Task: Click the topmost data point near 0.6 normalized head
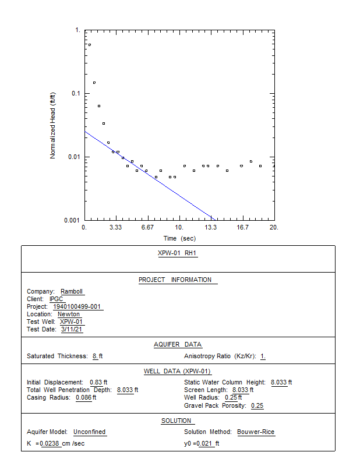point(90,45)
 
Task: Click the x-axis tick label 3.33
point(115,228)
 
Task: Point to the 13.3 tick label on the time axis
point(210,228)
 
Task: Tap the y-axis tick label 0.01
point(74,157)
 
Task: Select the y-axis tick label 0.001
point(72,220)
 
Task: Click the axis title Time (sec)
point(179,238)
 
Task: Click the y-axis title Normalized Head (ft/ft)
point(52,126)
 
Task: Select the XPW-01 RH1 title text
point(177,253)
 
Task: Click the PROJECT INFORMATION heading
point(175,280)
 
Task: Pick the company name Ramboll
point(72,291)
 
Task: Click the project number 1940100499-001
point(77,306)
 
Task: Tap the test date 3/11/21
point(71,329)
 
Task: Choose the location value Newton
point(69,314)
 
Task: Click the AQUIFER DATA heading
point(178,344)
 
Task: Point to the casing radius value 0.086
point(83,397)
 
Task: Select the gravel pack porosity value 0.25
point(257,405)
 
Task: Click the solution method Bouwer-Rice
point(256,432)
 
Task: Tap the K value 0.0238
point(50,443)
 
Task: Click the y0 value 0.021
point(204,443)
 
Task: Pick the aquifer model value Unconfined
point(90,432)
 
